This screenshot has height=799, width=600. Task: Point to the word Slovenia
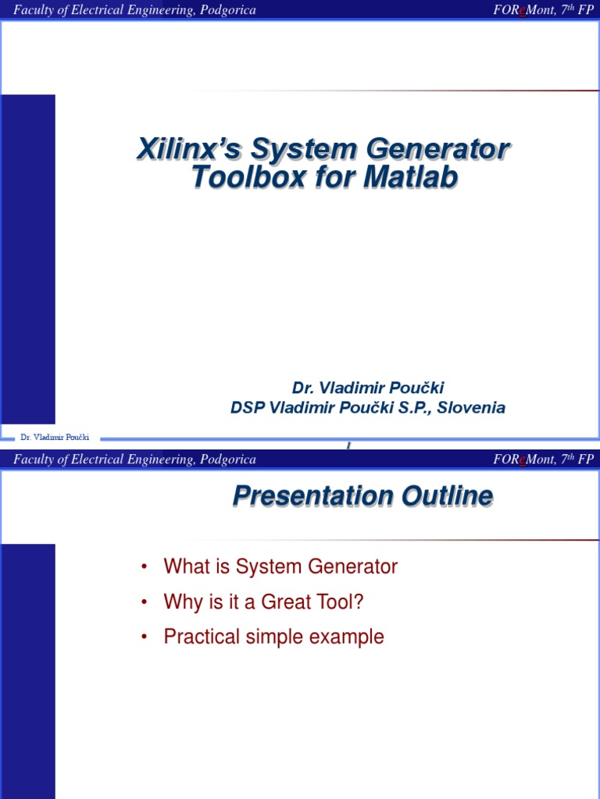pos(476,407)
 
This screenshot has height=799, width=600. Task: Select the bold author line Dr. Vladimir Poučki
pos(368,388)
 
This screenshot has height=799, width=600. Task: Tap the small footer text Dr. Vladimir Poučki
pos(55,439)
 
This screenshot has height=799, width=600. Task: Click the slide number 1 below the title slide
pos(348,445)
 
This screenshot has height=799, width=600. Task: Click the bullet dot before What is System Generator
pos(145,567)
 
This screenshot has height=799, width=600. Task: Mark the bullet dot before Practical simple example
pos(145,637)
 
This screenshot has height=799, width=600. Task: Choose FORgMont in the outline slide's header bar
pos(523,460)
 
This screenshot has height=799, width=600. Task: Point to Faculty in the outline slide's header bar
pos(34,460)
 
